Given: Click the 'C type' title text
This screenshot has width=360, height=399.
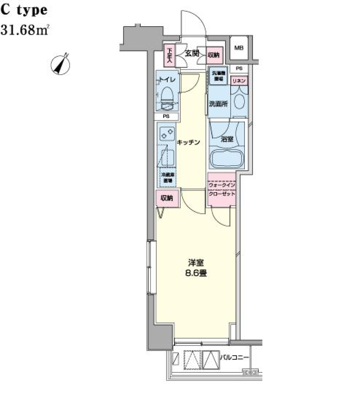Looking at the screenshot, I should pos(24,10).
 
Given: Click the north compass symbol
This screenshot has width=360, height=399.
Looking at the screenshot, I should pos(61,64).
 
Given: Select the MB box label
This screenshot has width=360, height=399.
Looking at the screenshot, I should pos(238,48).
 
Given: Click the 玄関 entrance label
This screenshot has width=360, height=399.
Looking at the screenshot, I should pos(192,54).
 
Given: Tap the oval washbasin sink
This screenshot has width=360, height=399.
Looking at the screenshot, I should pos(239,102).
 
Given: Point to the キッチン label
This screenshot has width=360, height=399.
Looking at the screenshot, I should pos(188,142).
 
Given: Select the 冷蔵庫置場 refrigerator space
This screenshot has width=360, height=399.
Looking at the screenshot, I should pos(166,178).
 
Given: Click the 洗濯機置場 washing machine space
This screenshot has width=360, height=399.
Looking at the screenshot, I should pos(219,76).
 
